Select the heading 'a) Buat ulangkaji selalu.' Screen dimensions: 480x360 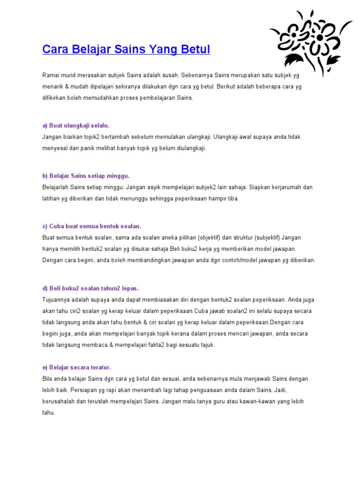coord(75,126)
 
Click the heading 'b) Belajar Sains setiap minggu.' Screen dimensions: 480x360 coord(85,176)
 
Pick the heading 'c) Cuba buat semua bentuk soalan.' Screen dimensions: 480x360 coord(91,226)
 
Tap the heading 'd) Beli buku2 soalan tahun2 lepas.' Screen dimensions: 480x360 coord(90,288)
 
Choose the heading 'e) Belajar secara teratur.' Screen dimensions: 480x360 coord(76,367)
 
